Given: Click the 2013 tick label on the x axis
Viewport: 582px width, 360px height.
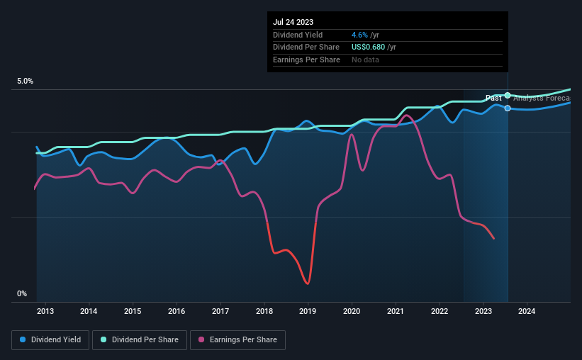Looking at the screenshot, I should tap(45, 311).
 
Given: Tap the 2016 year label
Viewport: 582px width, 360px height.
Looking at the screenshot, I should tap(177, 311).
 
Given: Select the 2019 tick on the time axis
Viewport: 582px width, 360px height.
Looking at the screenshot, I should tap(308, 311).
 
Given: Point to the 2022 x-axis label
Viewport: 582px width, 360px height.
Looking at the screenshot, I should tap(440, 311).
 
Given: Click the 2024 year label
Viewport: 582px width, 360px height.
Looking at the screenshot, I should tap(527, 311).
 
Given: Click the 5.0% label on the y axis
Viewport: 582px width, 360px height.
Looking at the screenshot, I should tap(26, 81).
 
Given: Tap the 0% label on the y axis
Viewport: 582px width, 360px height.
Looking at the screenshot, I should tap(22, 293).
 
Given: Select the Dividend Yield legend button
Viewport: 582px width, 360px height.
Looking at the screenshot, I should tap(50, 340).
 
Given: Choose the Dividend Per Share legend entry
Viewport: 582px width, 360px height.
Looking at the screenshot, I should tap(140, 340).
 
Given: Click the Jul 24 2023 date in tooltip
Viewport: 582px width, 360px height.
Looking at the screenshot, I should tap(292, 21).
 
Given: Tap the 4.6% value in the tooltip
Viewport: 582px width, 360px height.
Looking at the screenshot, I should tap(359, 35).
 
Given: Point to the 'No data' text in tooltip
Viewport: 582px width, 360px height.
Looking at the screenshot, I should tap(365, 60).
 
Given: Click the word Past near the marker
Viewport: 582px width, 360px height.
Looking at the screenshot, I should tap(493, 98).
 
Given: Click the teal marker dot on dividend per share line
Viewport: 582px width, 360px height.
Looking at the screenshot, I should tap(508, 95).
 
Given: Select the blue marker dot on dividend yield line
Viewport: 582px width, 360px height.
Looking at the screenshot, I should tap(508, 108).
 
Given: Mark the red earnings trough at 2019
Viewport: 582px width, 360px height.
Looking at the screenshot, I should tap(307, 283).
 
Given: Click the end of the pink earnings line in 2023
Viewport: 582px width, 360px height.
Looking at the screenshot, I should tap(493, 238).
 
